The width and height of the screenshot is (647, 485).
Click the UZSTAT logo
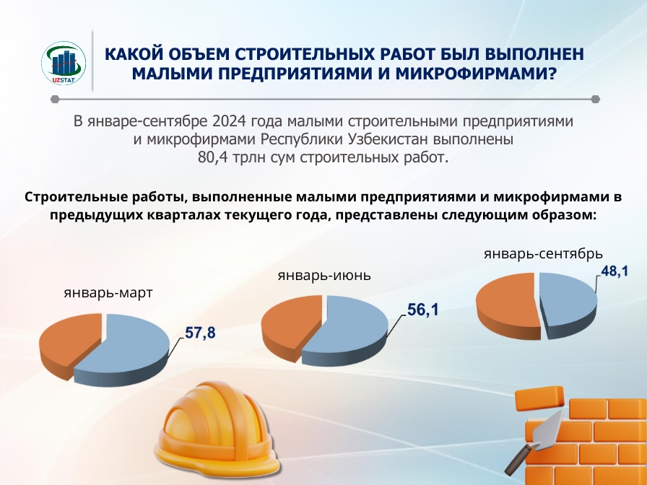point(64,63)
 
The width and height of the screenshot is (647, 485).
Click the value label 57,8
point(200,333)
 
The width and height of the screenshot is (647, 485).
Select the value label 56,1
point(423,310)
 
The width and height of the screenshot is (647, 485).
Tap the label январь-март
point(108,293)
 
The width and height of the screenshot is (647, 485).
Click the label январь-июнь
point(324,275)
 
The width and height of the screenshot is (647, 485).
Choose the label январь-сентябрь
point(544,253)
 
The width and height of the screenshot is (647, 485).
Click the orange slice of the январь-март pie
point(70,342)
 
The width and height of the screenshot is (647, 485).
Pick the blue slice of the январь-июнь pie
point(346,330)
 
